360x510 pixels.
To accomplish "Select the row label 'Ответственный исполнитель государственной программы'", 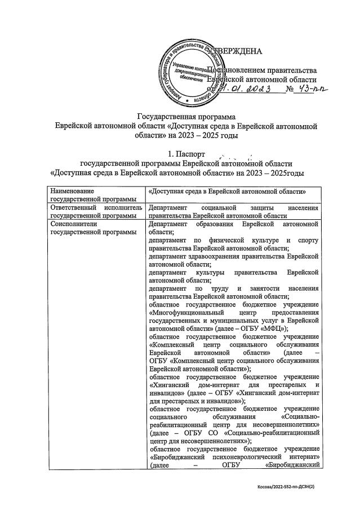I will [93, 211].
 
